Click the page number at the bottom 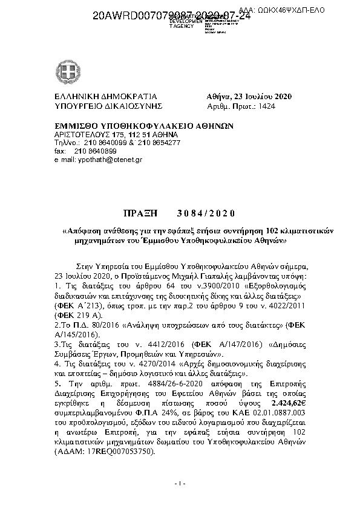(179, 484)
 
